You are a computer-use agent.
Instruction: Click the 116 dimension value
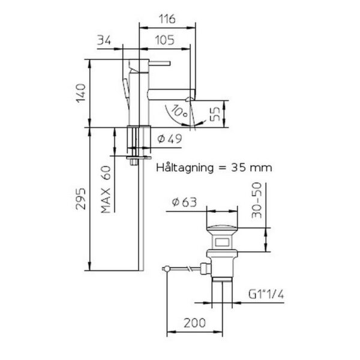coord(167,19)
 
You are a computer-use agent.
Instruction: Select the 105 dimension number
coord(165,40)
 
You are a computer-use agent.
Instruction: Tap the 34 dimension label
coord(104,40)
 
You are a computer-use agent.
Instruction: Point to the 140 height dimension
coord(81,93)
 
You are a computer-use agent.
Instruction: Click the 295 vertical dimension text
coord(81,199)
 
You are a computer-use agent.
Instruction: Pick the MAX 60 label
coord(106,190)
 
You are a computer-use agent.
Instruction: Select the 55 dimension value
coord(215,114)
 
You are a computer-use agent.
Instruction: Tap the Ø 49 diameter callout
coord(170,139)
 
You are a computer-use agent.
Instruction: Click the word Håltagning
coord(185,168)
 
